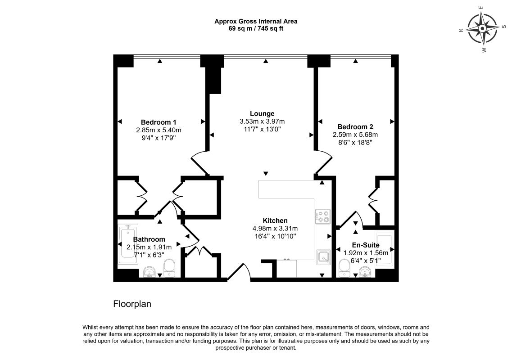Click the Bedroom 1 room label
point(159,122)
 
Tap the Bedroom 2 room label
point(355,127)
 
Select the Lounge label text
point(262,114)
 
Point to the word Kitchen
point(275,220)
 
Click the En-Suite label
point(366,245)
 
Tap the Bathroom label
point(149,239)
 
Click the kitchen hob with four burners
point(322,217)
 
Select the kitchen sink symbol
point(323,256)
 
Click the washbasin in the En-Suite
point(365,271)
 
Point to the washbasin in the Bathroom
point(150,271)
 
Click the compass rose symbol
point(482,29)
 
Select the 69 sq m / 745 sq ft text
point(256,28)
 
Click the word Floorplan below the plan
point(132,304)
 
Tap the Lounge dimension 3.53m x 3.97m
point(262,121)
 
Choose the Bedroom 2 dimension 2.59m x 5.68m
point(355,135)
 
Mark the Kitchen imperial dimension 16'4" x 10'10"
point(275,236)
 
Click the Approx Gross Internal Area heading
point(256,22)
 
